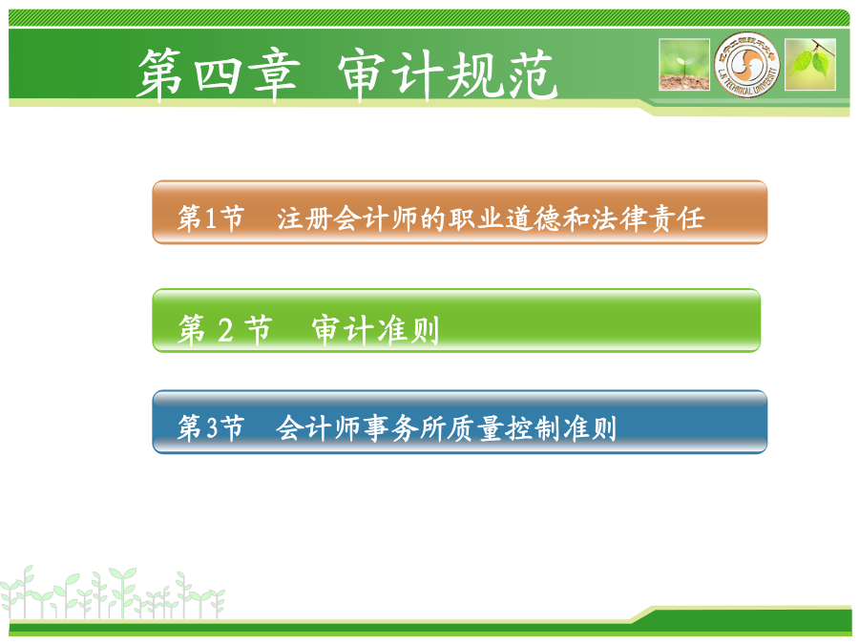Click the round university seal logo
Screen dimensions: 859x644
pyautogui.click(x=746, y=65)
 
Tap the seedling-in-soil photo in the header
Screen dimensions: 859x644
pyautogui.click(x=684, y=65)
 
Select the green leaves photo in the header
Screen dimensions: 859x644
pyautogui.click(x=810, y=65)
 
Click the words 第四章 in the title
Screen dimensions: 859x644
pyautogui.click(x=218, y=75)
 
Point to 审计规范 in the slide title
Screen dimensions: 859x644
pyautogui.click(x=448, y=75)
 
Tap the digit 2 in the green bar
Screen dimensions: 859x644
pyautogui.click(x=224, y=330)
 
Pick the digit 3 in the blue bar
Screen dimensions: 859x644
pyautogui.click(x=212, y=427)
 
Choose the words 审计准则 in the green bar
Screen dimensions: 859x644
pyautogui.click(x=376, y=330)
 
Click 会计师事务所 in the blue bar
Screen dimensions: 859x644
pyautogui.click(x=361, y=427)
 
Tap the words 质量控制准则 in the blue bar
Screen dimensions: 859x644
pyautogui.click(x=533, y=427)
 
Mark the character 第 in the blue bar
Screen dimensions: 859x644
pyautogui.click(x=190, y=427)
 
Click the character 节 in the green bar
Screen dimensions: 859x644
pyautogui.click(x=258, y=330)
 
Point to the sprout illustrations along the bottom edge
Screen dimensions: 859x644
pyautogui.click(x=113, y=593)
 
